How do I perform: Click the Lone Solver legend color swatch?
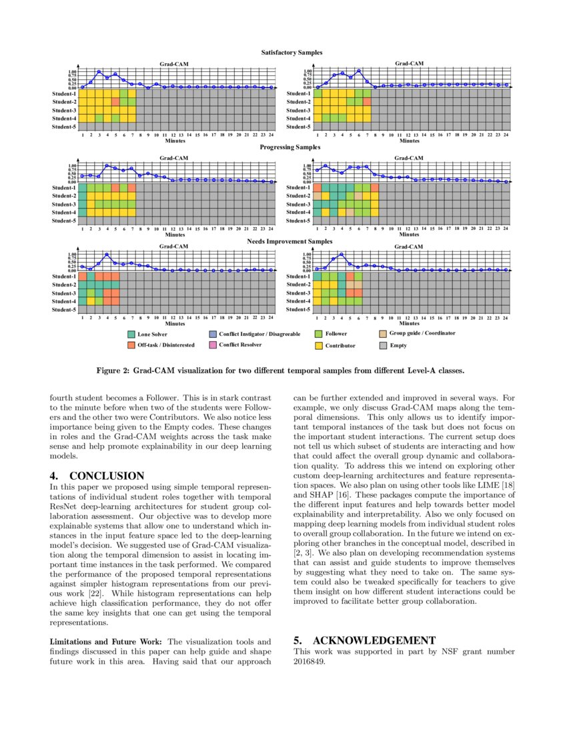point(131,334)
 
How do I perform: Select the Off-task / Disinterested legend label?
point(166,345)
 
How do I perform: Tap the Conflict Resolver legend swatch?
point(213,345)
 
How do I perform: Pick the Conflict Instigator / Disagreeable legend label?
point(259,334)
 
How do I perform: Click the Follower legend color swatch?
point(318,334)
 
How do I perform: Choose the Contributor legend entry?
point(340,346)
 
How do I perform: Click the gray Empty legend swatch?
point(383,346)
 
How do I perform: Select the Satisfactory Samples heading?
point(292,52)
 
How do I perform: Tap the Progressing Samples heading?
point(290,147)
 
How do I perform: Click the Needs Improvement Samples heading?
point(290,241)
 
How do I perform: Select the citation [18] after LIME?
point(508,496)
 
